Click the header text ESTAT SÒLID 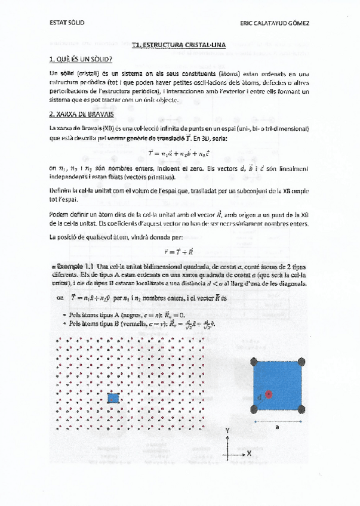click(67, 23)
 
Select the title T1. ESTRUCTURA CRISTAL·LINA click(179, 44)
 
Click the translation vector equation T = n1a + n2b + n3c click(179, 154)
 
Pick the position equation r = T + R click(179, 251)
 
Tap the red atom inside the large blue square click(269, 394)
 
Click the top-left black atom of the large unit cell click(255, 362)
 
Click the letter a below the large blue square click(278, 427)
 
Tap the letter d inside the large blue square click(260, 396)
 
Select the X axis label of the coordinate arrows click(249, 453)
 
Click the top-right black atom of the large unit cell click(301, 362)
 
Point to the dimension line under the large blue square click(278, 420)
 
